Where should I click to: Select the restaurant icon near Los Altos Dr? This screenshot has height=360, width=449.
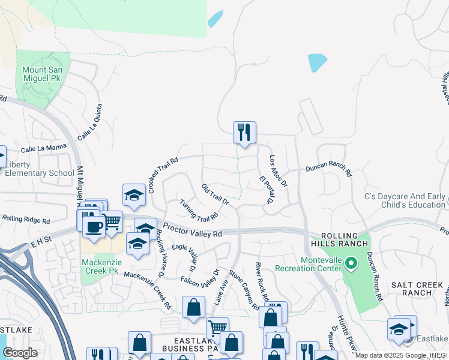(244, 132)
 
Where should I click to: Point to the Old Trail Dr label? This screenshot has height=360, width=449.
(215, 194)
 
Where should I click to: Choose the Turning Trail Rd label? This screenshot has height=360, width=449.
(199, 209)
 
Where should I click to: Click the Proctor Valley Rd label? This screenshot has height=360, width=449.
(193, 233)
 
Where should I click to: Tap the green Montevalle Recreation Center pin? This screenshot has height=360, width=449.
(353, 262)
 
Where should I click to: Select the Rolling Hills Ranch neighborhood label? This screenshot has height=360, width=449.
(339, 239)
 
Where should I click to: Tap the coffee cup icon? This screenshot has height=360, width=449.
(93, 226)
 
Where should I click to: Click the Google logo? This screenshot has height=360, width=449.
(20, 353)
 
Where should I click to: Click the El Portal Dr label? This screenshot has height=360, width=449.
(266, 190)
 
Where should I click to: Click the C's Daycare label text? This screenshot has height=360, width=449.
(406, 200)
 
